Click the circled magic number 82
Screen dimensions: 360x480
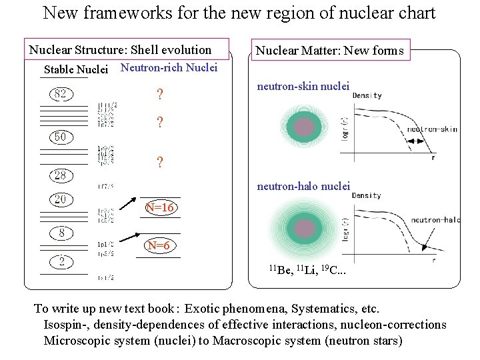pos(61,94)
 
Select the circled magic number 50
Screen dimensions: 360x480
pos(60,137)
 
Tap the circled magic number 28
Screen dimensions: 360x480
pos(61,175)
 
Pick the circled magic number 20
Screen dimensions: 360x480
pos(61,199)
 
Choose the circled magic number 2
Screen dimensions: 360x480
pos(61,262)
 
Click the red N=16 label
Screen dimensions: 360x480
pos(160,208)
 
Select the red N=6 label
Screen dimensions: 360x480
pos(159,246)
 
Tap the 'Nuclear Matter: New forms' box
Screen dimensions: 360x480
pos(330,50)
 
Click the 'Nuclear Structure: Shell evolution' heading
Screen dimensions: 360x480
pos(120,50)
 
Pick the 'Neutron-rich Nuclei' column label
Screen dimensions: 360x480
pos(169,67)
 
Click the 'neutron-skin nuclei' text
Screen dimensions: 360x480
pos(303,85)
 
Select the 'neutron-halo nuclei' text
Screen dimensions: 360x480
pos(303,186)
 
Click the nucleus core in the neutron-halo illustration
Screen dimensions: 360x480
pos(305,229)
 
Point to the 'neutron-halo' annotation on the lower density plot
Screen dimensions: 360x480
pos(435,219)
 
